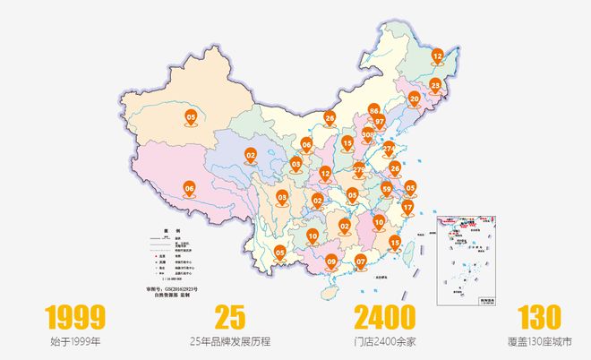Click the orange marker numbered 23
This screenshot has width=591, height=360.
click(x=435, y=86)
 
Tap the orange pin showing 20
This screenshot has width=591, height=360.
click(x=414, y=99)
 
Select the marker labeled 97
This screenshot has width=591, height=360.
click(x=380, y=121)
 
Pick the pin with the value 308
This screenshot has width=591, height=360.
click(x=368, y=135)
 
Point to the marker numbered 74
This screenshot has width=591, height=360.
click(x=390, y=148)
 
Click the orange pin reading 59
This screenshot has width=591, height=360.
click(x=386, y=189)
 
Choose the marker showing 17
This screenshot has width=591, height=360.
click(x=407, y=208)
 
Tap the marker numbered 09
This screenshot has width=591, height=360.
click(x=331, y=261)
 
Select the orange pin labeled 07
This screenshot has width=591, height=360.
click(x=361, y=261)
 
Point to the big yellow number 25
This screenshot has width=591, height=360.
click(x=230, y=317)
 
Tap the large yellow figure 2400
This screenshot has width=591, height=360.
click(x=385, y=317)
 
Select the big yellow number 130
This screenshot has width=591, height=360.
click(x=539, y=317)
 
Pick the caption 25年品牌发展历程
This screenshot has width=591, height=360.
click(x=230, y=341)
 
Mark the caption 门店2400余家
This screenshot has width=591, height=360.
click(x=385, y=341)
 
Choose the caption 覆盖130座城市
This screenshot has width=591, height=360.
click(x=539, y=341)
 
